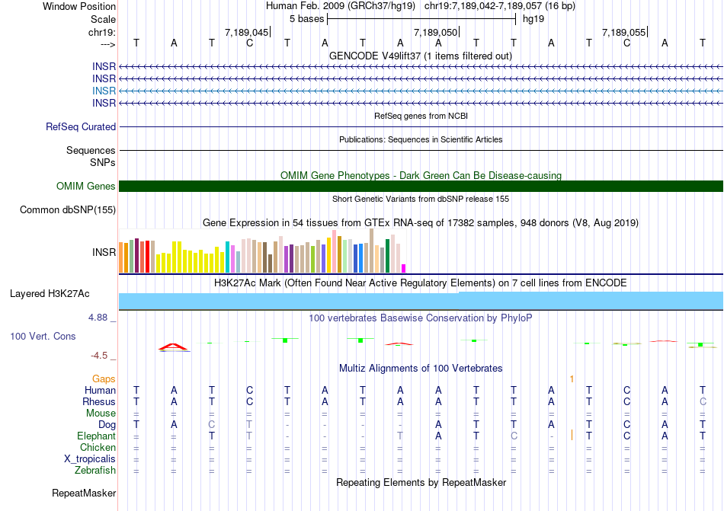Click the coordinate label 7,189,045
(246, 32)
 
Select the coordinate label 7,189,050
(435, 32)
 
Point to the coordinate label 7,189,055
(623, 32)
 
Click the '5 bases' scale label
(306, 19)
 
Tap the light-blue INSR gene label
(104, 91)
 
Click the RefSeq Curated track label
(81, 127)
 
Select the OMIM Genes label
(86, 187)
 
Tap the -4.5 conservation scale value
(103, 356)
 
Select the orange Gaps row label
(104, 378)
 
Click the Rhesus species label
(99, 401)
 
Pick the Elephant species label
(96, 436)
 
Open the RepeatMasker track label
(84, 493)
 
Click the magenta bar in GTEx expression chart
(404, 268)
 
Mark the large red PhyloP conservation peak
(174, 347)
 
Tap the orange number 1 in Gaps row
(571, 378)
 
